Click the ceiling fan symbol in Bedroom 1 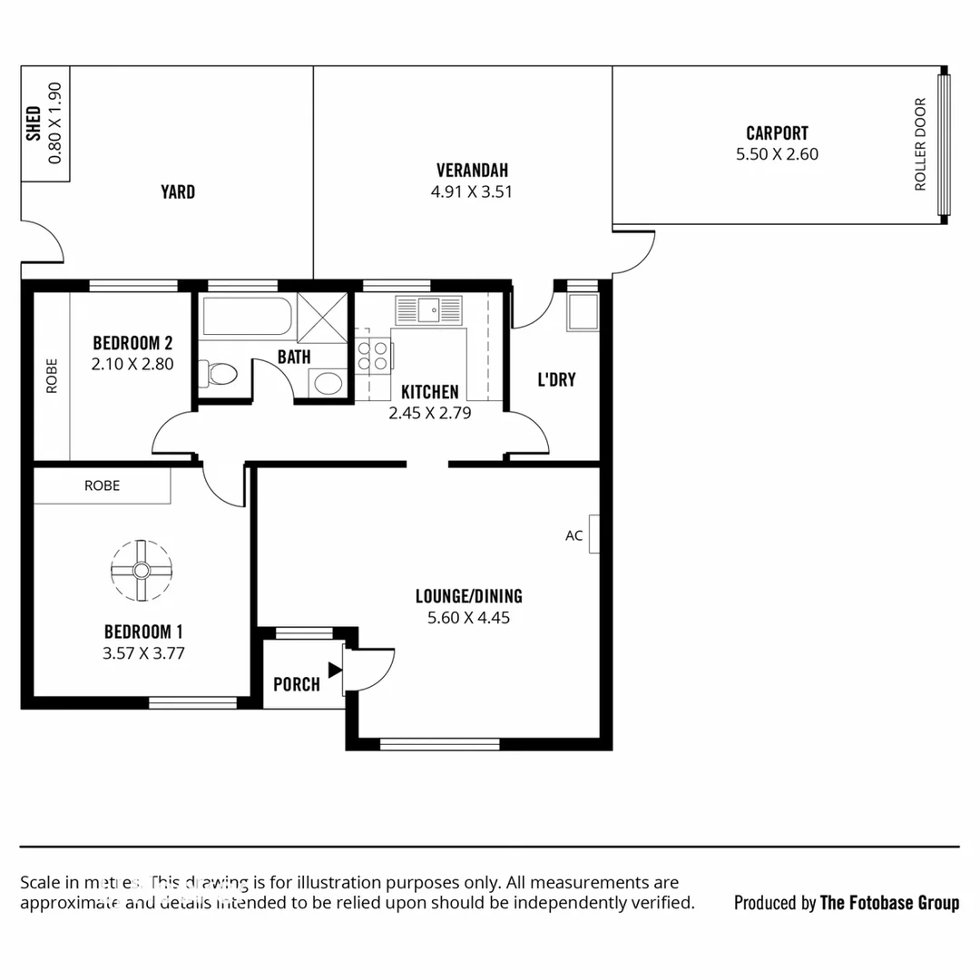[142, 570]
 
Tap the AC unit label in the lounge [574, 535]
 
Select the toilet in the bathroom [219, 373]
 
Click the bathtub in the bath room [247, 317]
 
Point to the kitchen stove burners [373, 354]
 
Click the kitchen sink [428, 309]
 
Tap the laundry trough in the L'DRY [583, 311]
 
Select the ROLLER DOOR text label [920, 144]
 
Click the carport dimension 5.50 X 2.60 [777, 154]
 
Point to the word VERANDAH [472, 171]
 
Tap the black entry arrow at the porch [335, 670]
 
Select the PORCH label [297, 684]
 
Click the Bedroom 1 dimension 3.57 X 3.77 [143, 652]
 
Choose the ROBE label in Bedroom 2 [51, 375]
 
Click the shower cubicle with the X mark [322, 317]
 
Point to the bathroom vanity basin [328, 382]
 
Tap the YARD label [178, 191]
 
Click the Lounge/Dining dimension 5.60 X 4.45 [468, 618]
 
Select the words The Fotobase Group [889, 902]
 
